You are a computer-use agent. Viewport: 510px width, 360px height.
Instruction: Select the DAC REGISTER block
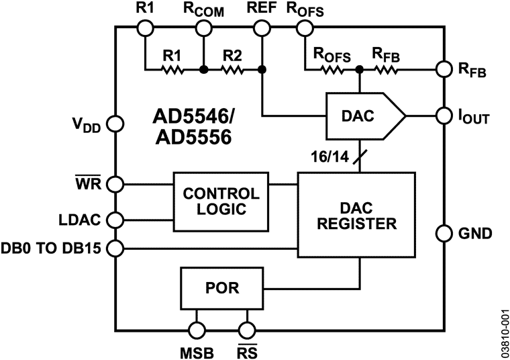click(358, 214)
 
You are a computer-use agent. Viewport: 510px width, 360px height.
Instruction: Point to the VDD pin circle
click(115, 124)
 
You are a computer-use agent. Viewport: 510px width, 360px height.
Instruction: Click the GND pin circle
click(444, 234)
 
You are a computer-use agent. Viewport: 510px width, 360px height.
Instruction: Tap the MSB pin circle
click(197, 330)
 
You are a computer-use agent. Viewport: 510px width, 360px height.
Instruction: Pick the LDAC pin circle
click(115, 220)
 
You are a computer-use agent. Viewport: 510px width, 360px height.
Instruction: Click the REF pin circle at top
click(262, 28)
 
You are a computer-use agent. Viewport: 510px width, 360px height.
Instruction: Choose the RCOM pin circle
click(203, 28)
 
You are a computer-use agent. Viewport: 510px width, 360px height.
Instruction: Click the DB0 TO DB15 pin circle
click(115, 249)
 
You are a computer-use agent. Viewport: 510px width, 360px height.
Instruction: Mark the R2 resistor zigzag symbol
click(232, 69)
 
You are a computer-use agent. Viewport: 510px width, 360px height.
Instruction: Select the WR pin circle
click(115, 183)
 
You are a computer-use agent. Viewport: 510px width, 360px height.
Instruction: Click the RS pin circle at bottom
click(247, 330)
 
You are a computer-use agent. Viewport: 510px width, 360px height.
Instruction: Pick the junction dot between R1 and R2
click(203, 69)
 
